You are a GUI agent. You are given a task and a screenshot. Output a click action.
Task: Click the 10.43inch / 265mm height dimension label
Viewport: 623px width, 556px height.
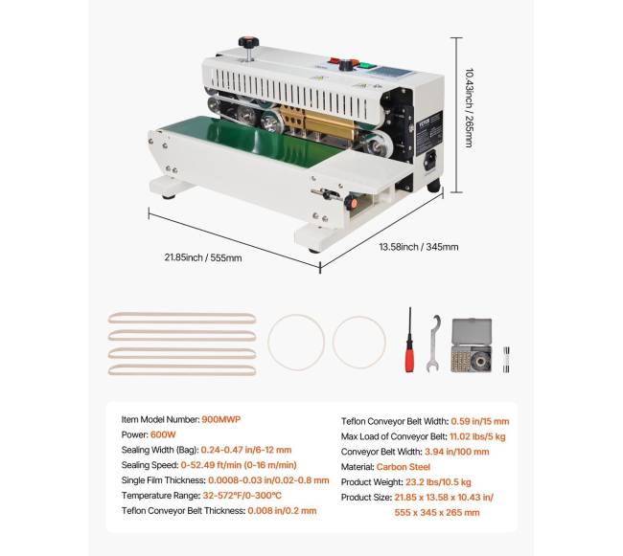470,108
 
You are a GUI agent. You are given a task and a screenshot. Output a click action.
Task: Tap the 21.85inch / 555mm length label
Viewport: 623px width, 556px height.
203,257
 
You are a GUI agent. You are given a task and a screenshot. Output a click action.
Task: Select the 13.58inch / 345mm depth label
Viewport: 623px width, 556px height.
419,247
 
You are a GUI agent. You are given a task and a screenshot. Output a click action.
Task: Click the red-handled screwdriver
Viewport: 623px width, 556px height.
409,340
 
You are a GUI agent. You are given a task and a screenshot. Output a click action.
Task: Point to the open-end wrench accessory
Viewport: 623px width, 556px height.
433,344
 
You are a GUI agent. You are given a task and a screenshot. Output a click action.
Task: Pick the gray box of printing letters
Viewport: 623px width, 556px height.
472,345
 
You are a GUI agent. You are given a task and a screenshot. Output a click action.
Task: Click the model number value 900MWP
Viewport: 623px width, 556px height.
220,419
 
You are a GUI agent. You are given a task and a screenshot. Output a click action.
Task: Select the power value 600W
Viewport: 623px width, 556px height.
163,434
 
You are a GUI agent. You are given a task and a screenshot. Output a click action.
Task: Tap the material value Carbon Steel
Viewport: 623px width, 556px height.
404,467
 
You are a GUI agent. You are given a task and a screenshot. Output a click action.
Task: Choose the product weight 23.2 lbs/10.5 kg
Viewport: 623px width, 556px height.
438,482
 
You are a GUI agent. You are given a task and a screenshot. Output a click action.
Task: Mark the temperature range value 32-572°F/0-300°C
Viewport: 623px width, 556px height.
242,496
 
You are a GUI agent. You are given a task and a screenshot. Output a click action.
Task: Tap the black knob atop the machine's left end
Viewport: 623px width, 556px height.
249,42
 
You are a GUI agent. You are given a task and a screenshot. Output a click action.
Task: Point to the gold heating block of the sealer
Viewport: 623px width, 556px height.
318,122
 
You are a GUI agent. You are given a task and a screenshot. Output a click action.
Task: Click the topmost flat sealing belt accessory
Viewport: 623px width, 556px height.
182,318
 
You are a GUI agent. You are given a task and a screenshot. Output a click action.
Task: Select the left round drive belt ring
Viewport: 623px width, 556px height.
296,343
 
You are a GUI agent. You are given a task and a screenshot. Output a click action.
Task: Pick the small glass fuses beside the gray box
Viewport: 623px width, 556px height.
506,360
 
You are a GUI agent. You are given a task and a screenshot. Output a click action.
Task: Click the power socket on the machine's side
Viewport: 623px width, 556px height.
430,160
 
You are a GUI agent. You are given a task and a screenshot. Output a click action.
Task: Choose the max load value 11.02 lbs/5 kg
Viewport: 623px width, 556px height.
477,436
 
